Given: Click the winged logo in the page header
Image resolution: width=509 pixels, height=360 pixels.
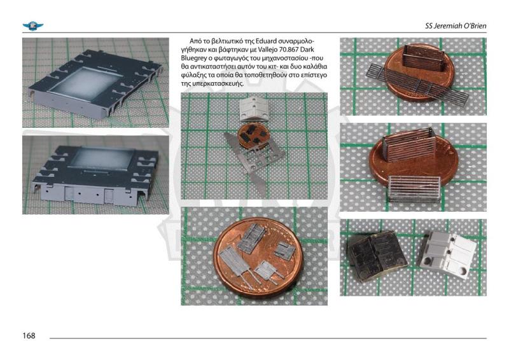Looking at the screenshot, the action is (33, 26).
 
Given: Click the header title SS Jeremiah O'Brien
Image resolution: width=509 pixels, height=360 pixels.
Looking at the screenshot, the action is (456, 26).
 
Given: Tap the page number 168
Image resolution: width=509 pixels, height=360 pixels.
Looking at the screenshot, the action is (29, 336).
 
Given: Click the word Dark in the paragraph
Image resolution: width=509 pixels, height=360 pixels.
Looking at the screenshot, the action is (307, 50).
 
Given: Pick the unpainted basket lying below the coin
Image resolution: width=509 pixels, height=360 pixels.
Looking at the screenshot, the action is (414, 189).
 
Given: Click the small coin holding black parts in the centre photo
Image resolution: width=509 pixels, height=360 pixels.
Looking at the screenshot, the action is (253, 136).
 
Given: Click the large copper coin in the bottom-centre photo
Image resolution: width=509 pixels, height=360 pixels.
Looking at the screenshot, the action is (258, 258).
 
